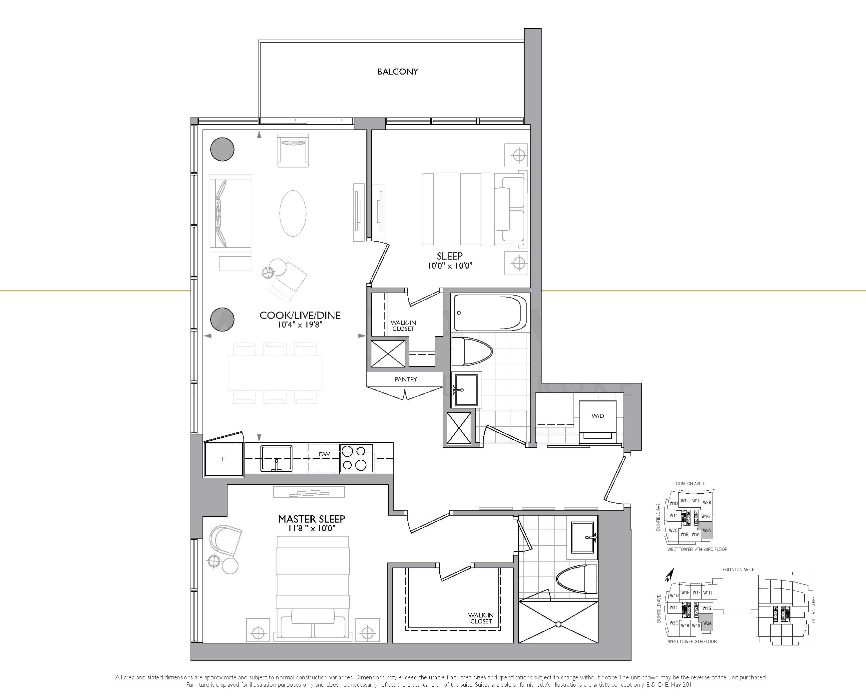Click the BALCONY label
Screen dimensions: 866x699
click(397, 72)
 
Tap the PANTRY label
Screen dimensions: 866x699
click(405, 379)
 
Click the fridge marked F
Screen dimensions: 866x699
click(223, 459)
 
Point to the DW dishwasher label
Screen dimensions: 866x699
click(324, 454)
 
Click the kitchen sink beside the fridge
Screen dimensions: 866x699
click(276, 458)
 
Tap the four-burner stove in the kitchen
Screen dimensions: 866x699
click(357, 458)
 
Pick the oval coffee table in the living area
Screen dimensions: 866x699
click(293, 213)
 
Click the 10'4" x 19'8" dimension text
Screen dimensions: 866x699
click(300, 325)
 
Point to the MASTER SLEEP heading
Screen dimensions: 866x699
click(311, 519)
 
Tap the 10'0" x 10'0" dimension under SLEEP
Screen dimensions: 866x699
click(450, 266)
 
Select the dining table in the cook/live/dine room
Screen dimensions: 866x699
click(275, 373)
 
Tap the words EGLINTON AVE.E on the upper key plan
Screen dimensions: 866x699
click(689, 484)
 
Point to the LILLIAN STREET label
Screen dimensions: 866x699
click(813, 608)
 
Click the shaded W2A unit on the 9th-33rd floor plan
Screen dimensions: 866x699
click(707, 530)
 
